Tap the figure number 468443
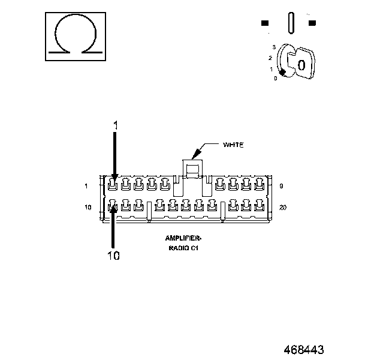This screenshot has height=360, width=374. coord(304,350)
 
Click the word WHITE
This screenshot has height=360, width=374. coord(233,145)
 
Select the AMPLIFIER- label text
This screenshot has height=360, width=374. coord(183,238)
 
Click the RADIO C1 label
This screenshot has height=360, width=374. coord(183,248)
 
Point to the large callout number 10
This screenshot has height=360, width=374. coord(113,256)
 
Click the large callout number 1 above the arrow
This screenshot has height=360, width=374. coord(116,125)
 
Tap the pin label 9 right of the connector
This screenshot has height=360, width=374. coord(282,186)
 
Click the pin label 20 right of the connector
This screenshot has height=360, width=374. coord(283,208)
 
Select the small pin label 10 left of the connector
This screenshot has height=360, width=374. coord(88,208)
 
